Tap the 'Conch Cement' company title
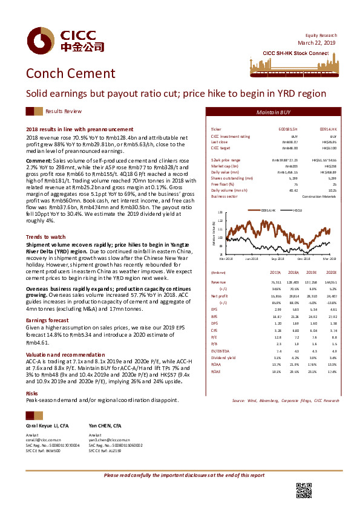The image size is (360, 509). (70, 74)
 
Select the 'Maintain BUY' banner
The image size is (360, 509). (273, 112)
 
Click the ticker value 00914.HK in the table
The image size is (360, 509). (328, 130)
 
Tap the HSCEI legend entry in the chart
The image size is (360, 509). (298, 210)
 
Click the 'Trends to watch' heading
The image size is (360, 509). (45, 236)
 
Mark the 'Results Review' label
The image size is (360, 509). (63, 112)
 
